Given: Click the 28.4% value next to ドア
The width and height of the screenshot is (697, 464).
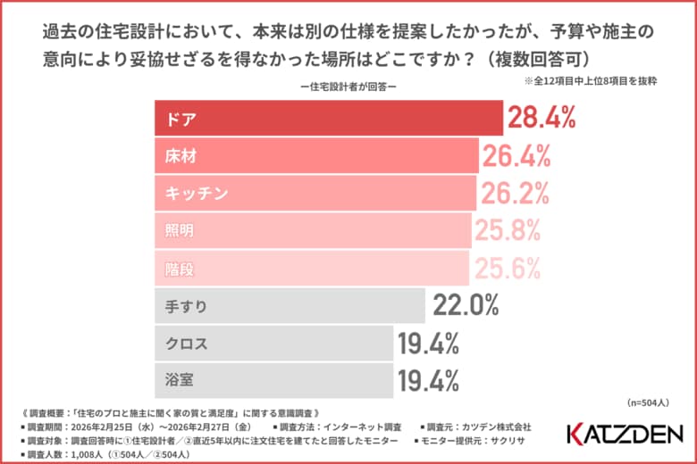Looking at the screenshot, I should (542, 119).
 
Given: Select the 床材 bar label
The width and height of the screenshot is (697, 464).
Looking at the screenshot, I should (181, 156).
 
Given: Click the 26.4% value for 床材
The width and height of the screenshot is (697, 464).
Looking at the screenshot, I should (516, 156).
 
